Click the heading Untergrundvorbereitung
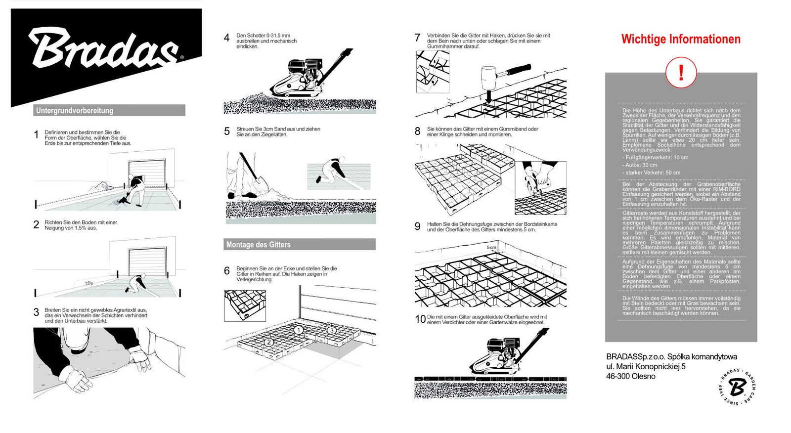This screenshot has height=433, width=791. [x=74, y=111]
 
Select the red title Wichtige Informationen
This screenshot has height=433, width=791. [x=681, y=40]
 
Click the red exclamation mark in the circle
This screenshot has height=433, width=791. [x=681, y=73]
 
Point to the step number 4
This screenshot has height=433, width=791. [x=227, y=38]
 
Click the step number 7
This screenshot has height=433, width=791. [x=417, y=38]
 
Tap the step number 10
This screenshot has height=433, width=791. [x=420, y=319]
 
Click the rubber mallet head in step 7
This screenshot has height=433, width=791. [x=488, y=77]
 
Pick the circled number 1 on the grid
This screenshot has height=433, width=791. [x=298, y=330]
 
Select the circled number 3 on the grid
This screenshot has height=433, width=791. [x=332, y=330]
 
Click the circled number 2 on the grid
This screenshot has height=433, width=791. [x=268, y=342]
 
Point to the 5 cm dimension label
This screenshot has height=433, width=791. [x=491, y=247]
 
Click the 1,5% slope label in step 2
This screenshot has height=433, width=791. [x=88, y=283]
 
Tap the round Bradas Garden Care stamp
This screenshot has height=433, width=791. [x=737, y=387]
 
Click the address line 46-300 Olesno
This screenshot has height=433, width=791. [x=630, y=376]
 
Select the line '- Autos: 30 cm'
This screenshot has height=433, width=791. [x=640, y=165]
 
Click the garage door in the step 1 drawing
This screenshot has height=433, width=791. [x=147, y=173]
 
